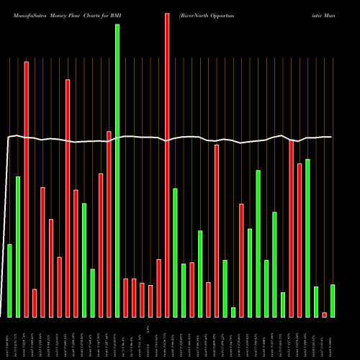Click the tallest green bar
tap(117, 171)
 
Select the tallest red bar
tap(167, 165)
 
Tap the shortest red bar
tap(324, 315)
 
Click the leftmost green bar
tap(9, 281)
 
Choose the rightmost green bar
tap(333, 301)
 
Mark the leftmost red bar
tap(26, 189)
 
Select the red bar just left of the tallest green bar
tap(109, 224)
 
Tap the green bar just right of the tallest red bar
tap(175, 252)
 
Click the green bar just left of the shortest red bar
tap(316, 302)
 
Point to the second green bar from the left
tap(18, 246)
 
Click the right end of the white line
tap(331, 137)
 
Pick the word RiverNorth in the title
tap(188, 7)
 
